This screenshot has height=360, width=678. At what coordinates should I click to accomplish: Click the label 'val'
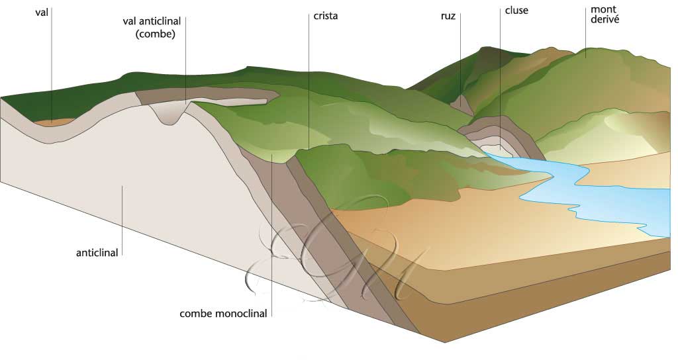click(42, 12)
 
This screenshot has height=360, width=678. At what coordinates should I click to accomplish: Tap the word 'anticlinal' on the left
click(98, 252)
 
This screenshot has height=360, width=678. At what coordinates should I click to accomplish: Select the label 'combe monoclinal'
click(223, 314)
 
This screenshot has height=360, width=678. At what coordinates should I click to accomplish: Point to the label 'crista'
click(325, 16)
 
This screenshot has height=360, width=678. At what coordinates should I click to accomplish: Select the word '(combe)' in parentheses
click(154, 34)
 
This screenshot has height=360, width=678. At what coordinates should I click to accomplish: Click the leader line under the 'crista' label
click(308, 79)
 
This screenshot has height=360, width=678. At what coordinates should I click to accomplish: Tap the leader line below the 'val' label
click(52, 66)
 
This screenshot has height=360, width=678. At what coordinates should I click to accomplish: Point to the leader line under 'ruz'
click(461, 66)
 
